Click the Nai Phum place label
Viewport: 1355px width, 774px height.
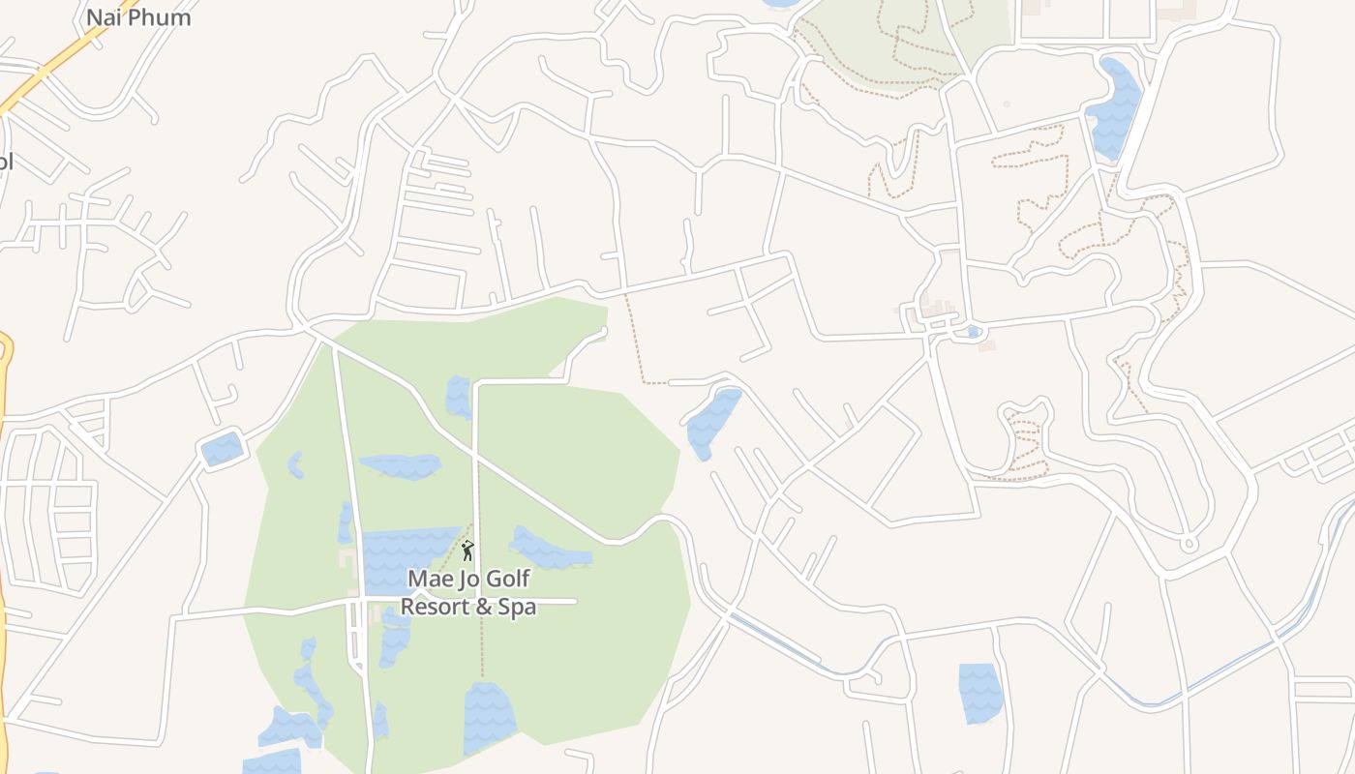click(x=138, y=17)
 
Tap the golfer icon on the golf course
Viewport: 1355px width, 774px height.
click(x=467, y=551)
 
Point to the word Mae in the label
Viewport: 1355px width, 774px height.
click(x=429, y=579)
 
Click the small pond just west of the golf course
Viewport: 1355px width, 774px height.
click(x=222, y=449)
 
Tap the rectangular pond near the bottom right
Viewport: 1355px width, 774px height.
click(x=979, y=693)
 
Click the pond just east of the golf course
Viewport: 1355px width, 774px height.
click(x=712, y=422)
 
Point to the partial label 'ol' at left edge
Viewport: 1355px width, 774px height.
click(x=5, y=161)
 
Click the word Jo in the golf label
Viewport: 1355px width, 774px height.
click(x=467, y=579)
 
